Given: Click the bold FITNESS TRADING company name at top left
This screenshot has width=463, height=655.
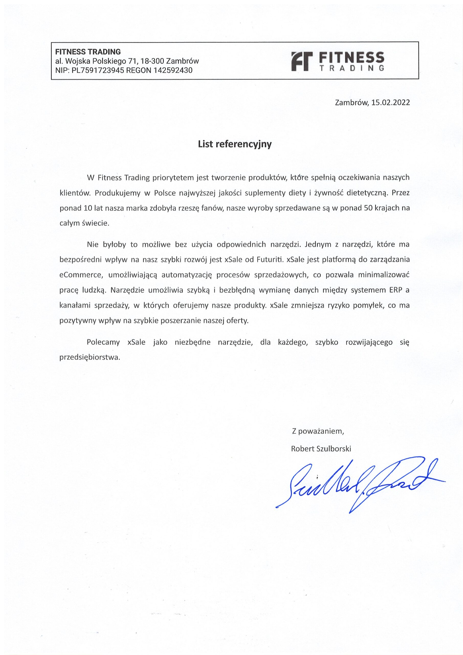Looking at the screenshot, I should pyautogui.click(x=88, y=52).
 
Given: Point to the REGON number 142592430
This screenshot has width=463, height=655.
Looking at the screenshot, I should pyautogui.click(x=173, y=70).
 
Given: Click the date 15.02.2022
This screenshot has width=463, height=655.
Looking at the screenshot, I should pyautogui.click(x=391, y=103).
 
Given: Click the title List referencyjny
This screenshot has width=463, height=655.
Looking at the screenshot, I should pyautogui.click(x=235, y=144).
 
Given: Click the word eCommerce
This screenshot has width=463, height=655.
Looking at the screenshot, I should pyautogui.click(x=80, y=275).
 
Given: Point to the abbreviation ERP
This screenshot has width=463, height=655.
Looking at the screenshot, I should pyautogui.click(x=395, y=290).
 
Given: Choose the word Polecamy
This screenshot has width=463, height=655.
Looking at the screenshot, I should pyautogui.click(x=103, y=342).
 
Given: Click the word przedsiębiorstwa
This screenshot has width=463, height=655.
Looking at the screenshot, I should pyautogui.click(x=90, y=357).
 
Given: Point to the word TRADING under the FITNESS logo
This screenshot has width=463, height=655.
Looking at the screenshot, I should pyautogui.click(x=352, y=68).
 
